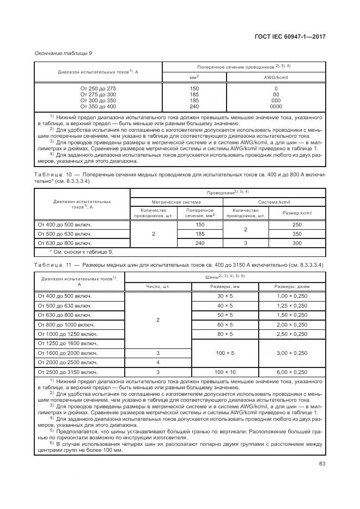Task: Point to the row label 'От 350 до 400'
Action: click(98, 107)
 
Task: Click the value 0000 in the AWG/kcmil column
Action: click(276, 107)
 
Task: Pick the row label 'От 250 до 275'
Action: click(98, 88)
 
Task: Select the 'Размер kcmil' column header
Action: click(297, 212)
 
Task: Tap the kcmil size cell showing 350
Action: click(297, 234)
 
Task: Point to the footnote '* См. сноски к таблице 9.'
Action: click(74, 252)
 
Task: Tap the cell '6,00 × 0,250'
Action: click(292, 371)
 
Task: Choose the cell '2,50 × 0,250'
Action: click(292, 333)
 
